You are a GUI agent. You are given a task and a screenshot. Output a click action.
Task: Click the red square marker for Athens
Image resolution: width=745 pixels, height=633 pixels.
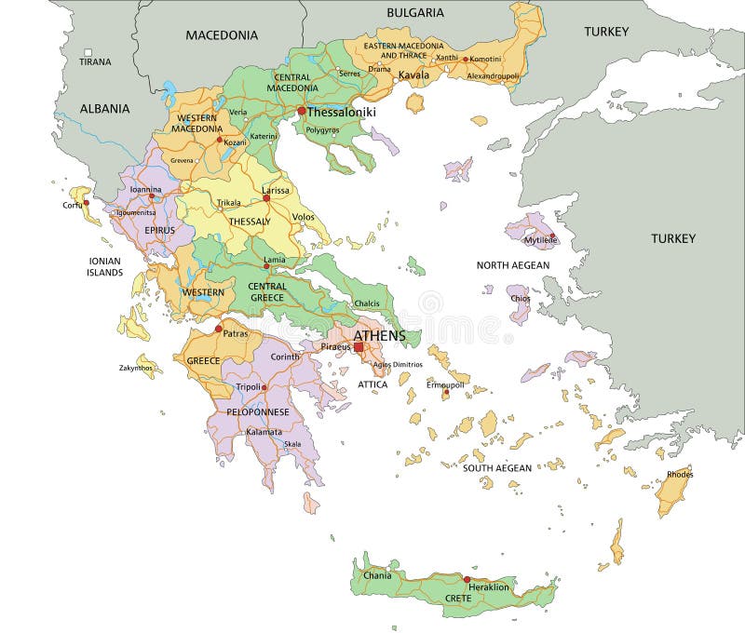[359, 347]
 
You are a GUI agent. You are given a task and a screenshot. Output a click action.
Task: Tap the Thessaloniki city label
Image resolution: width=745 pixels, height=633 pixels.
[341, 112]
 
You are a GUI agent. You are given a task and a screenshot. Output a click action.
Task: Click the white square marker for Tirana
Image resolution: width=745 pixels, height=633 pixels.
[88, 53]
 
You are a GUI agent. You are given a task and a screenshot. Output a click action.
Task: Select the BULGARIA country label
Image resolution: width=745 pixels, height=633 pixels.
[415, 13]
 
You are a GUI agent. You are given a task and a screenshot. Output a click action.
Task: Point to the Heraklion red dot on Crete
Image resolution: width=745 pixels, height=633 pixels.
[467, 578]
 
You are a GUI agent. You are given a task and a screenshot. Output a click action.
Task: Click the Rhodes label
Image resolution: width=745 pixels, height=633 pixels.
[680, 475]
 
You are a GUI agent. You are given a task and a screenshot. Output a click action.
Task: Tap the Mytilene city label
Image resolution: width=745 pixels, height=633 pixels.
[540, 240]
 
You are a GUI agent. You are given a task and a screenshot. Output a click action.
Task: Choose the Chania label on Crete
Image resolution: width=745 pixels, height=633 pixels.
[377, 575]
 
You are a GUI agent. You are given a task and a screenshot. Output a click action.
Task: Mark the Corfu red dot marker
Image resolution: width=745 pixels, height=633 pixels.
[86, 202]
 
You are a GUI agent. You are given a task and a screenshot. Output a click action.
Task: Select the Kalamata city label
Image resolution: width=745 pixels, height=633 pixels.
[264, 432]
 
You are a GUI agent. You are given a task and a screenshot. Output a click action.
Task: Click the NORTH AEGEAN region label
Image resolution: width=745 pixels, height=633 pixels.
[513, 265]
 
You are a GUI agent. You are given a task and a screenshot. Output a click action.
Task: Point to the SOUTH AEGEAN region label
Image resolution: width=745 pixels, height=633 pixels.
[497, 468]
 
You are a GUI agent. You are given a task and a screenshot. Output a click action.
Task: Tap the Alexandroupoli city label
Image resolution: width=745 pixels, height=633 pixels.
[494, 75]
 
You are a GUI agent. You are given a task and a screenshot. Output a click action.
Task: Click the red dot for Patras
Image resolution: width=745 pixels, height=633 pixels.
[219, 329]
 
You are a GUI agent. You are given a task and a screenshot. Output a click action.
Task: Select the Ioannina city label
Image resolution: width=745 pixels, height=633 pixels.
[145, 189]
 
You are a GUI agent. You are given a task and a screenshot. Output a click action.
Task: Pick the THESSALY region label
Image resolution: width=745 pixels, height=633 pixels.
[249, 222]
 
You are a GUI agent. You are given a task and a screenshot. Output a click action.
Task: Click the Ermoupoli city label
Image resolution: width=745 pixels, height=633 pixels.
[445, 384]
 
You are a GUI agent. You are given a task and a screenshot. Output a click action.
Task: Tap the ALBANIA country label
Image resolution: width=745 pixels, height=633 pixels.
[104, 109]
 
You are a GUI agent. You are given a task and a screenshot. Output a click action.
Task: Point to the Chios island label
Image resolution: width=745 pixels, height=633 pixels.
[520, 299]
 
